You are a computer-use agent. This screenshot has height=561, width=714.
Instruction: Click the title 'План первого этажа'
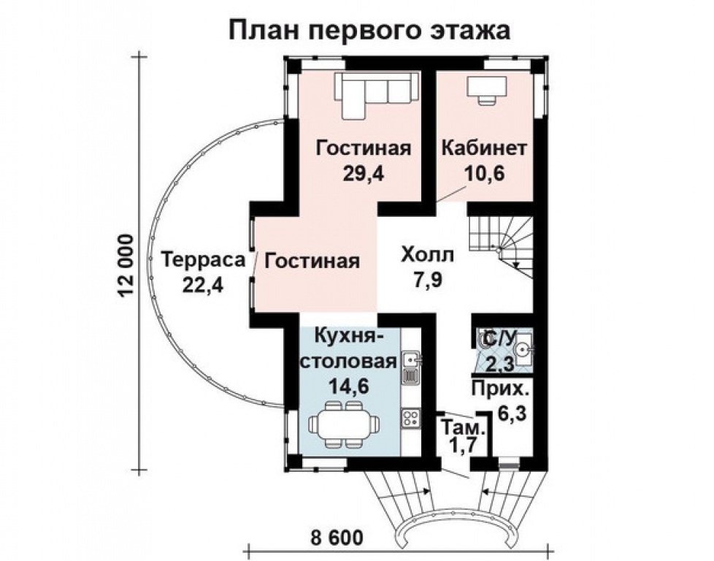[369, 31]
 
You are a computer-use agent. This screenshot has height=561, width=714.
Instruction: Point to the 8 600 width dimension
[337, 538]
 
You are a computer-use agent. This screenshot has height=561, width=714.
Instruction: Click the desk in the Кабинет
[487, 91]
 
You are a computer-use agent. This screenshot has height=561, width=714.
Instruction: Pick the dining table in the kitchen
[344, 424]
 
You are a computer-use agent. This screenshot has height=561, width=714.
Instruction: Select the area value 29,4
[364, 174]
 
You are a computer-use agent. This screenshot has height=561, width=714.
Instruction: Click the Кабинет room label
[485, 148]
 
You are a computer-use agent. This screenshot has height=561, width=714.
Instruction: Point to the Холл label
[427, 255]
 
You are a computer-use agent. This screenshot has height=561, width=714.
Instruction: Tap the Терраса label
[203, 260]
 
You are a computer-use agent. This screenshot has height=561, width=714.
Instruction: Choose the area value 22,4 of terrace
[203, 286]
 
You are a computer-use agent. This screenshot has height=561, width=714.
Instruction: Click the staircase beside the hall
[499, 248]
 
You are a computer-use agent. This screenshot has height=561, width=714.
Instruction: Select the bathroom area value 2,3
[499, 364]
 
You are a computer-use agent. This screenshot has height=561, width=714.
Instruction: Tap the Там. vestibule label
[463, 428]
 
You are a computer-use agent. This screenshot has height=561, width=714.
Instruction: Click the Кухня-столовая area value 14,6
[349, 387]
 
